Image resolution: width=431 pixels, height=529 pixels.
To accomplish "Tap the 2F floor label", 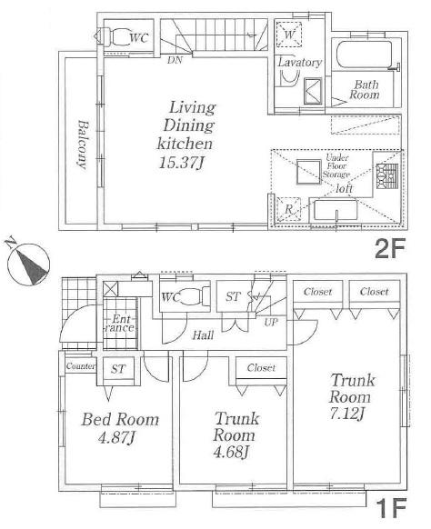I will (x=392, y=249).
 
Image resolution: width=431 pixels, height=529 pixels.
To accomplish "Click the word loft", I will (x=345, y=188).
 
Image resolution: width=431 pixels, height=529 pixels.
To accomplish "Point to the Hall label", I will (x=204, y=335).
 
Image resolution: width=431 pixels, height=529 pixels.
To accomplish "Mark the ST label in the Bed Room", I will (x=118, y=368).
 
